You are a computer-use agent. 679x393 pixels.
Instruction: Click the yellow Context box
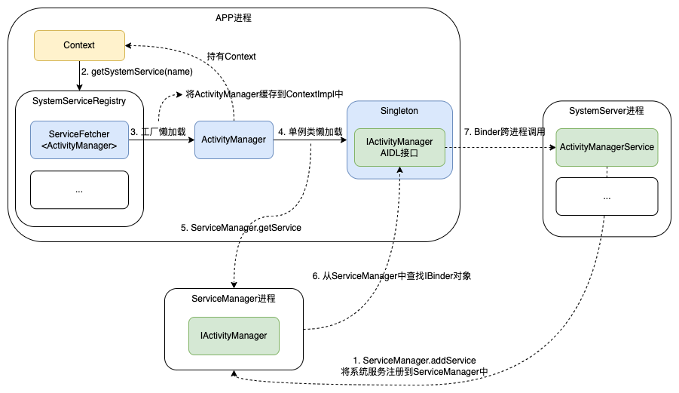point(79,45)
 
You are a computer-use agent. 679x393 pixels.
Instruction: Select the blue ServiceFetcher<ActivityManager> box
point(78,140)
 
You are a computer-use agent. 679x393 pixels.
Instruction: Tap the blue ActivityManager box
point(234,140)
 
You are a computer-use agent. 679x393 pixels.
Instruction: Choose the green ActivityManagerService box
point(607,147)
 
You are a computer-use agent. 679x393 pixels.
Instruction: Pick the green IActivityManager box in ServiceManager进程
point(233,336)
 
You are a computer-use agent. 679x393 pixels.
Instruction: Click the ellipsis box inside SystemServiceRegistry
point(78,190)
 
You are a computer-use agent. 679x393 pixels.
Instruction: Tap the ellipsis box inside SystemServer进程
point(607,196)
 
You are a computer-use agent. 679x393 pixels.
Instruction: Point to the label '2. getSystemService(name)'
point(136,72)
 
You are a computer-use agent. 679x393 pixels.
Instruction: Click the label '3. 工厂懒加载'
point(158,132)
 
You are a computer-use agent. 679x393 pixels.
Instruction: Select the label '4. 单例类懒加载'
point(310,132)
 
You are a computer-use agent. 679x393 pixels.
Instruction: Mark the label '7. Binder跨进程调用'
point(504,132)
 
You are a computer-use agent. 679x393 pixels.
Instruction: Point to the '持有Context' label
point(231,57)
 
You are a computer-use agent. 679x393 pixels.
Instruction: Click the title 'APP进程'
point(234,18)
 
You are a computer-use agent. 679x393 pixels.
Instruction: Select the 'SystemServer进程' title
point(607,111)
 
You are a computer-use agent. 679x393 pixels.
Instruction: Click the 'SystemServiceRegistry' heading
point(79,100)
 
